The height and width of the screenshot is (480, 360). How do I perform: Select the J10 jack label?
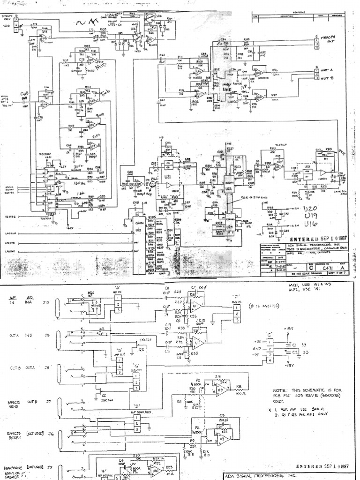pos(46,302)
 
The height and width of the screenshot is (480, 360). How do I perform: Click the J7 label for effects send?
pos(48,402)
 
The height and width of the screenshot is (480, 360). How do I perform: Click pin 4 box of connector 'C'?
pos(270,360)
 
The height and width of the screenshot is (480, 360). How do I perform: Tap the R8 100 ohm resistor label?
pos(239,388)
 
